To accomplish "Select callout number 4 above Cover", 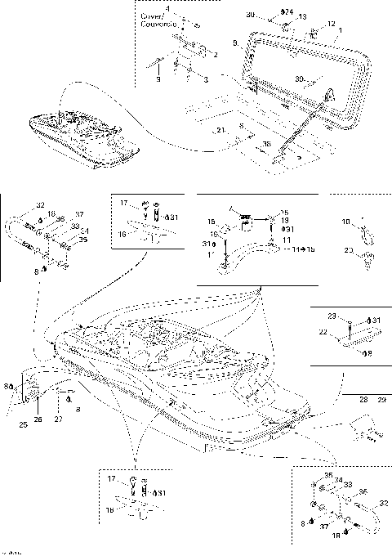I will tap(168, 8).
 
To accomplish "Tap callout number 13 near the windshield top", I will tap(302, 16).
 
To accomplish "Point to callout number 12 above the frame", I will tap(331, 23).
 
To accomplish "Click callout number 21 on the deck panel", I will tap(220, 131).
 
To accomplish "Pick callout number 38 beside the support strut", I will tap(267, 145).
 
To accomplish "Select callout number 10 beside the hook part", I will tap(345, 221).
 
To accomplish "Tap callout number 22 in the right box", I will tap(322, 332).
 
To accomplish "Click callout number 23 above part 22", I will tap(332, 315).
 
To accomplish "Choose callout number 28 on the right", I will tap(363, 399).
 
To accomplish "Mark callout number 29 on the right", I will tap(380, 399).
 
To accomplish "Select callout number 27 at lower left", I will tap(58, 419).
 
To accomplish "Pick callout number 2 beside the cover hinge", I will tap(215, 56).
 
